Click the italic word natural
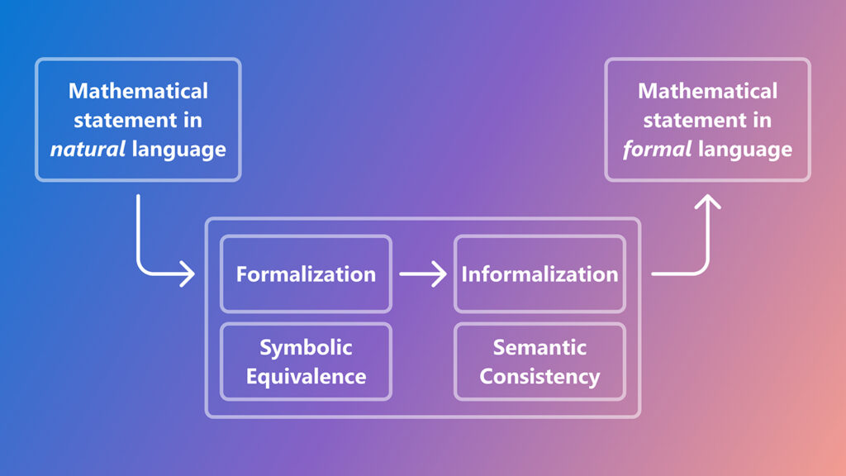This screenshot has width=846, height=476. point(82,150)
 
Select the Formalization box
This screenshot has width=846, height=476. point(306,274)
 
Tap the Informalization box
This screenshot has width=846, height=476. point(539,274)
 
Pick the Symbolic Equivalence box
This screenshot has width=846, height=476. point(306,361)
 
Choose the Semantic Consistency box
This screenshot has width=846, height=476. point(539,361)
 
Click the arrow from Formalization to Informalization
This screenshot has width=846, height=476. point(422,274)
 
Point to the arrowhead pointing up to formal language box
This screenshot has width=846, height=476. point(706,202)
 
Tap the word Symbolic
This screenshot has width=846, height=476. point(306,347)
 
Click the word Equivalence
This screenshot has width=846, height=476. point(306,377)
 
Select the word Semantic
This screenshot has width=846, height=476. point(539,347)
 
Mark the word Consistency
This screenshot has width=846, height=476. point(539,377)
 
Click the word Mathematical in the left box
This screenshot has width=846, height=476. point(138,90)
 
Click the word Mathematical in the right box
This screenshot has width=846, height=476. point(708,90)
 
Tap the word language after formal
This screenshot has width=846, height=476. point(745,150)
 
